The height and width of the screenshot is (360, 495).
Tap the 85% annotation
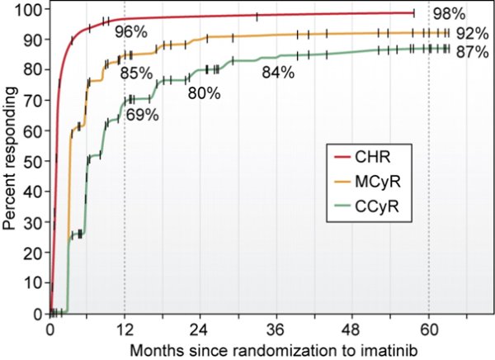pos(137,73)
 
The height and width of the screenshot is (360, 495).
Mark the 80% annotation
pos(203,93)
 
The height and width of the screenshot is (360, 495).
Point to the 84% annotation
pos(277,73)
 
